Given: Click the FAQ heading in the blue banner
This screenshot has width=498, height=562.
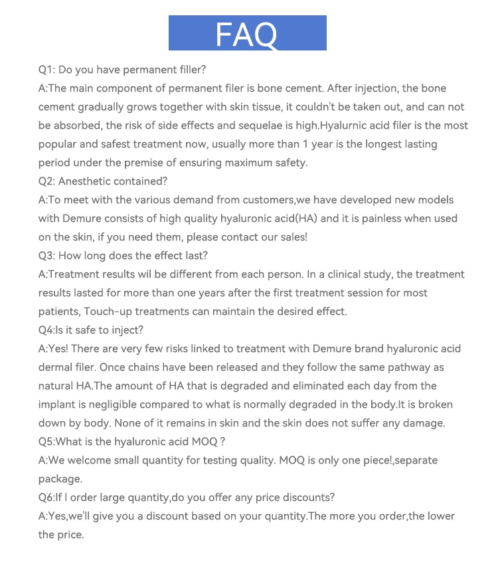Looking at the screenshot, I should pyautogui.click(x=246, y=33).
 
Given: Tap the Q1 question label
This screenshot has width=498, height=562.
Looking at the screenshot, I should pyautogui.click(x=46, y=70).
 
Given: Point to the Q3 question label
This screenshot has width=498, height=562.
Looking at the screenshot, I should pyautogui.click(x=47, y=256).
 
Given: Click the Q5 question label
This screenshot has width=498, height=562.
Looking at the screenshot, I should pyautogui.click(x=47, y=442).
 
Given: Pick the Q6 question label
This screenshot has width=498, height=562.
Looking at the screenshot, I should pyautogui.click(x=47, y=498).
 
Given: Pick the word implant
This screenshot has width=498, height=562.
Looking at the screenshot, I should pyautogui.click(x=58, y=405).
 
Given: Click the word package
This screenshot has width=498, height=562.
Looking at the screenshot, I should pyautogui.click(x=60, y=479).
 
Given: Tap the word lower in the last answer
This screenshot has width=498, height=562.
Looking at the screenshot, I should pyautogui.click(x=438, y=516).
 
